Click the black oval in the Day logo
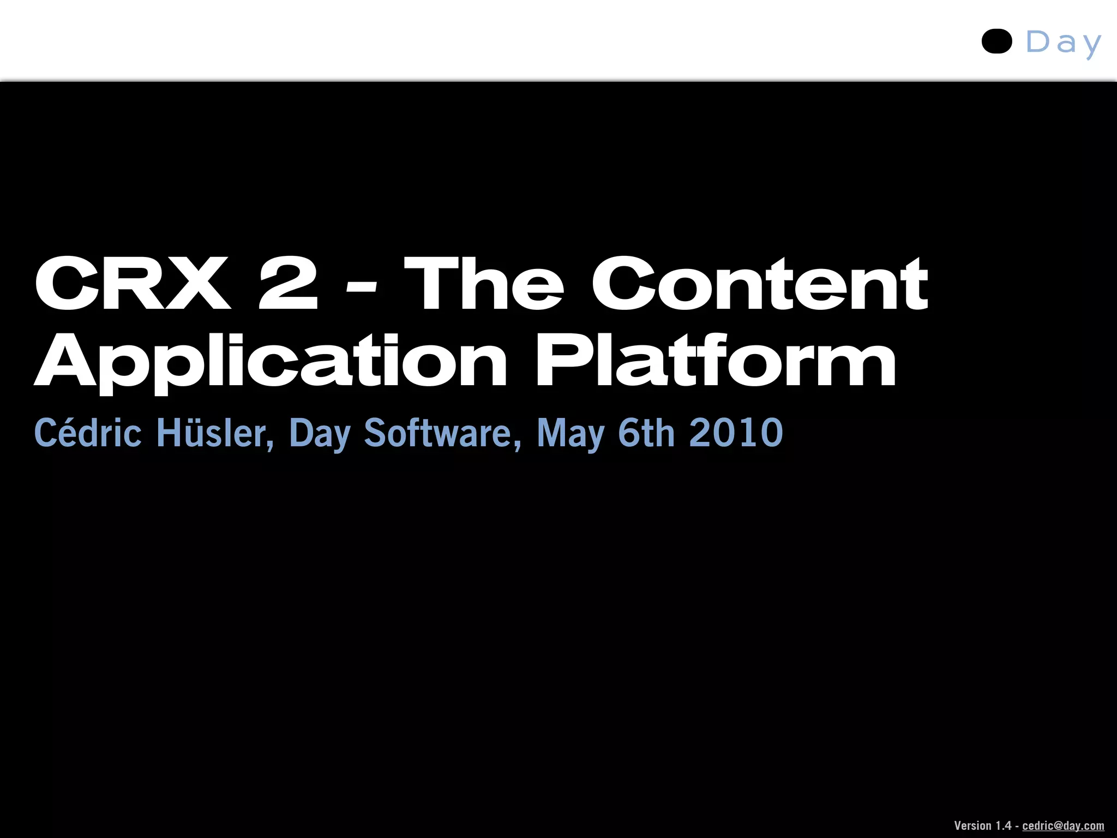coord(996,41)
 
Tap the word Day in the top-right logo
coord(1064,43)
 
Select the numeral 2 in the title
coord(288,284)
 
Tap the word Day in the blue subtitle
coord(320,434)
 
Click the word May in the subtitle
coord(570,434)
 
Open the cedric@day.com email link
coord(1063,825)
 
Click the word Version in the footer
coord(972,825)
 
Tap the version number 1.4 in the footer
coord(1003,825)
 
